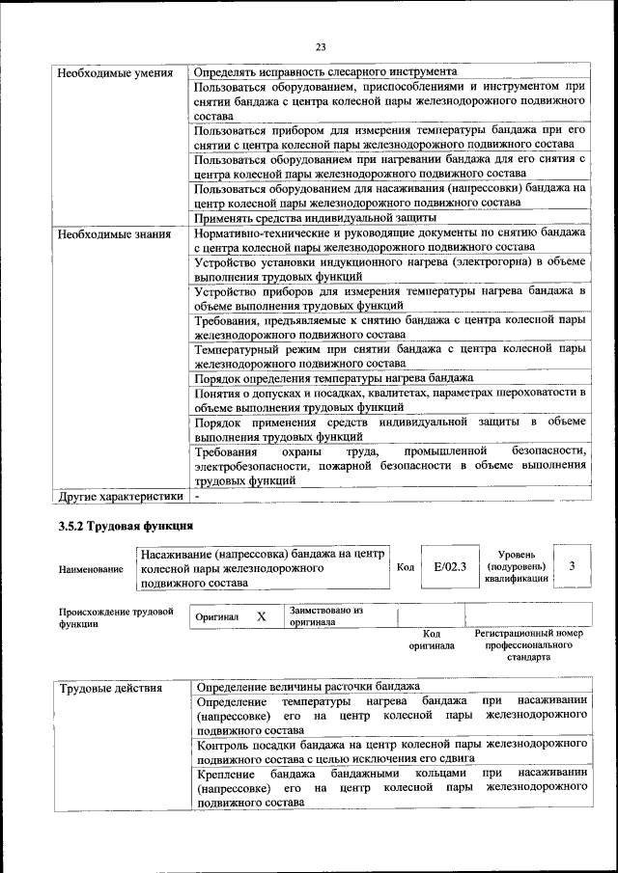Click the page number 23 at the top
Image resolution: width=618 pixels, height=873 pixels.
click(322, 47)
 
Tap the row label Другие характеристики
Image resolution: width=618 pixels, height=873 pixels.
click(120, 496)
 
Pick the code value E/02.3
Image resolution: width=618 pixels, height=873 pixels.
click(450, 567)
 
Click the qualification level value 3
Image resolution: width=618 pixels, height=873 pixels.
click(573, 567)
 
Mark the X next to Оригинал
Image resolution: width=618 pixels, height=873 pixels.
click(261, 616)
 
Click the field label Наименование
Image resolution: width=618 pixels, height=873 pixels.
click(91, 570)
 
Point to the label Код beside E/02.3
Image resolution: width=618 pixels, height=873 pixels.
click(406, 567)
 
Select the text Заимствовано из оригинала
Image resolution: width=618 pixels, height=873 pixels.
click(326, 616)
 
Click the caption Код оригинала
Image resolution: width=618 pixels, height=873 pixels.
click(432, 640)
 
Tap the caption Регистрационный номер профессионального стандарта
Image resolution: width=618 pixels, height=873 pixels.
click(529, 645)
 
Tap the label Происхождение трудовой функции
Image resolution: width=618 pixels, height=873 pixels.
click(116, 617)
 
